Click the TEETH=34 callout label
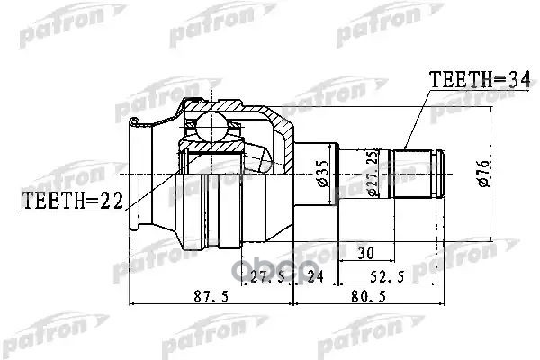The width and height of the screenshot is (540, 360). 479,79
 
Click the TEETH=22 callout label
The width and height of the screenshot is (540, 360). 72,201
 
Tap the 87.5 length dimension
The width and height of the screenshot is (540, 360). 211,296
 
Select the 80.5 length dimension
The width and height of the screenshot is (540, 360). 368,296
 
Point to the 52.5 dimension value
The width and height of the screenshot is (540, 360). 387,276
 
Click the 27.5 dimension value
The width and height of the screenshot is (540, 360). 267,276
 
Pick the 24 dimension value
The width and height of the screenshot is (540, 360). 315,276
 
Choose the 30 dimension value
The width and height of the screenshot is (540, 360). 365,254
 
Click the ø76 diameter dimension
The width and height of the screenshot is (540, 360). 483,174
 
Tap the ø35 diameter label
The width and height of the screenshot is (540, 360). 323,174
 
